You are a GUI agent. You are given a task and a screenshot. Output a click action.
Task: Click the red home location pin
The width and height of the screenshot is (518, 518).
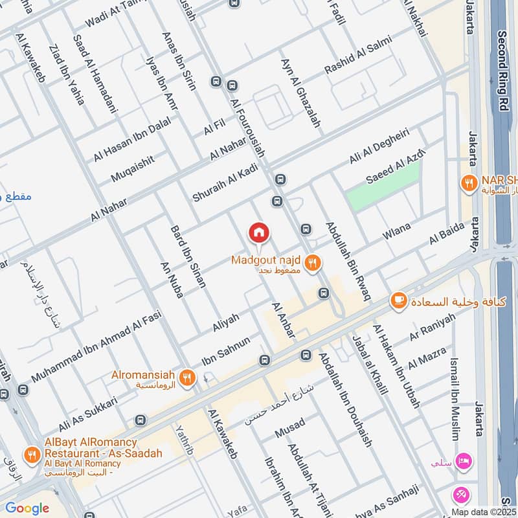pyautogui.click(x=259, y=232)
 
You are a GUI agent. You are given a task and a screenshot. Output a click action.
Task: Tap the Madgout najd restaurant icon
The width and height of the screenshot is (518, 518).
pyautogui.click(x=313, y=262)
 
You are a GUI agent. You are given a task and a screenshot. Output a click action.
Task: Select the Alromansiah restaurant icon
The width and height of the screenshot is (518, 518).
pyautogui.click(x=188, y=377)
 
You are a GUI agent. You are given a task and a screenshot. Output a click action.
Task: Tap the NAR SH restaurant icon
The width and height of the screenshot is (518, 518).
pyautogui.click(x=467, y=183)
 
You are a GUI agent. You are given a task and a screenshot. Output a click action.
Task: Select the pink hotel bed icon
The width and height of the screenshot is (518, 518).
pyautogui.click(x=464, y=462)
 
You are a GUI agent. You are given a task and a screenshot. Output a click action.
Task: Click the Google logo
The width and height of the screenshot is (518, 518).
pyautogui.click(x=27, y=508)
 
